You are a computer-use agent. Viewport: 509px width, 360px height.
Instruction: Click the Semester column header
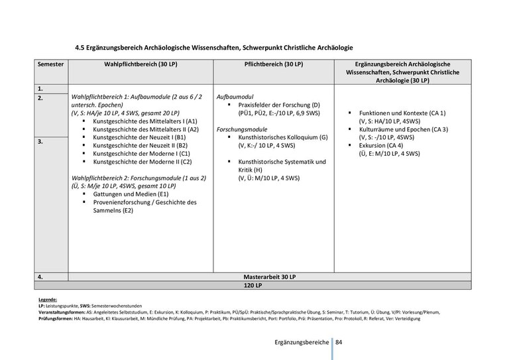click(x=51, y=64)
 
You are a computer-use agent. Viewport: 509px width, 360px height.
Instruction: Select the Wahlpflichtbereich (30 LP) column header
click(x=141, y=64)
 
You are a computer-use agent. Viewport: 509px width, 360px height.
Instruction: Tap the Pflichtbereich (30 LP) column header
click(x=274, y=64)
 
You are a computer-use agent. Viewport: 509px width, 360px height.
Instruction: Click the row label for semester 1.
click(x=40, y=88)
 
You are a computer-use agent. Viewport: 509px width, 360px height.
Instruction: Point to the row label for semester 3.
click(x=40, y=141)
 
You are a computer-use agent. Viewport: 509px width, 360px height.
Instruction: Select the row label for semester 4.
click(x=40, y=276)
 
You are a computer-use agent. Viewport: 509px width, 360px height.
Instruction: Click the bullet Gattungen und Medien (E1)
click(x=126, y=194)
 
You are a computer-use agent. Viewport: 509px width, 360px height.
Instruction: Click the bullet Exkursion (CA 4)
click(x=381, y=145)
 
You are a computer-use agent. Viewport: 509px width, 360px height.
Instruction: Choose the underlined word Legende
click(x=48, y=300)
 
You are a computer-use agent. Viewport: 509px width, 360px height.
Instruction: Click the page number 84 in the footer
click(x=339, y=342)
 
